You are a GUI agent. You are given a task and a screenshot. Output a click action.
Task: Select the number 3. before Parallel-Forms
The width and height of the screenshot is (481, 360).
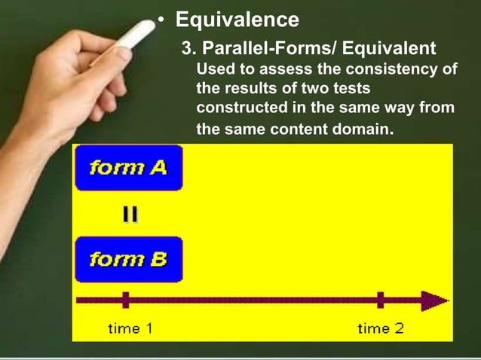point(188,49)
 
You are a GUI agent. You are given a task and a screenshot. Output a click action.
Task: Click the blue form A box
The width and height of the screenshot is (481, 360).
point(128,167)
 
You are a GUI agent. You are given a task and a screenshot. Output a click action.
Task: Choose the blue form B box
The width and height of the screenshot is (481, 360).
point(128,259)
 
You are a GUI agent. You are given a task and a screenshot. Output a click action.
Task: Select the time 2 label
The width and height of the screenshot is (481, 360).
point(380,328)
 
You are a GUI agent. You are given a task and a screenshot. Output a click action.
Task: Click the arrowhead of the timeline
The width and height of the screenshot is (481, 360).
point(435,301)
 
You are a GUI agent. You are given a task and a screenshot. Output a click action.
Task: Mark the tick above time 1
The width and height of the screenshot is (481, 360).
point(125,301)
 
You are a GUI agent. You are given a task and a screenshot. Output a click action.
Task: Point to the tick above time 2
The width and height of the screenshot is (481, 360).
point(381,301)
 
